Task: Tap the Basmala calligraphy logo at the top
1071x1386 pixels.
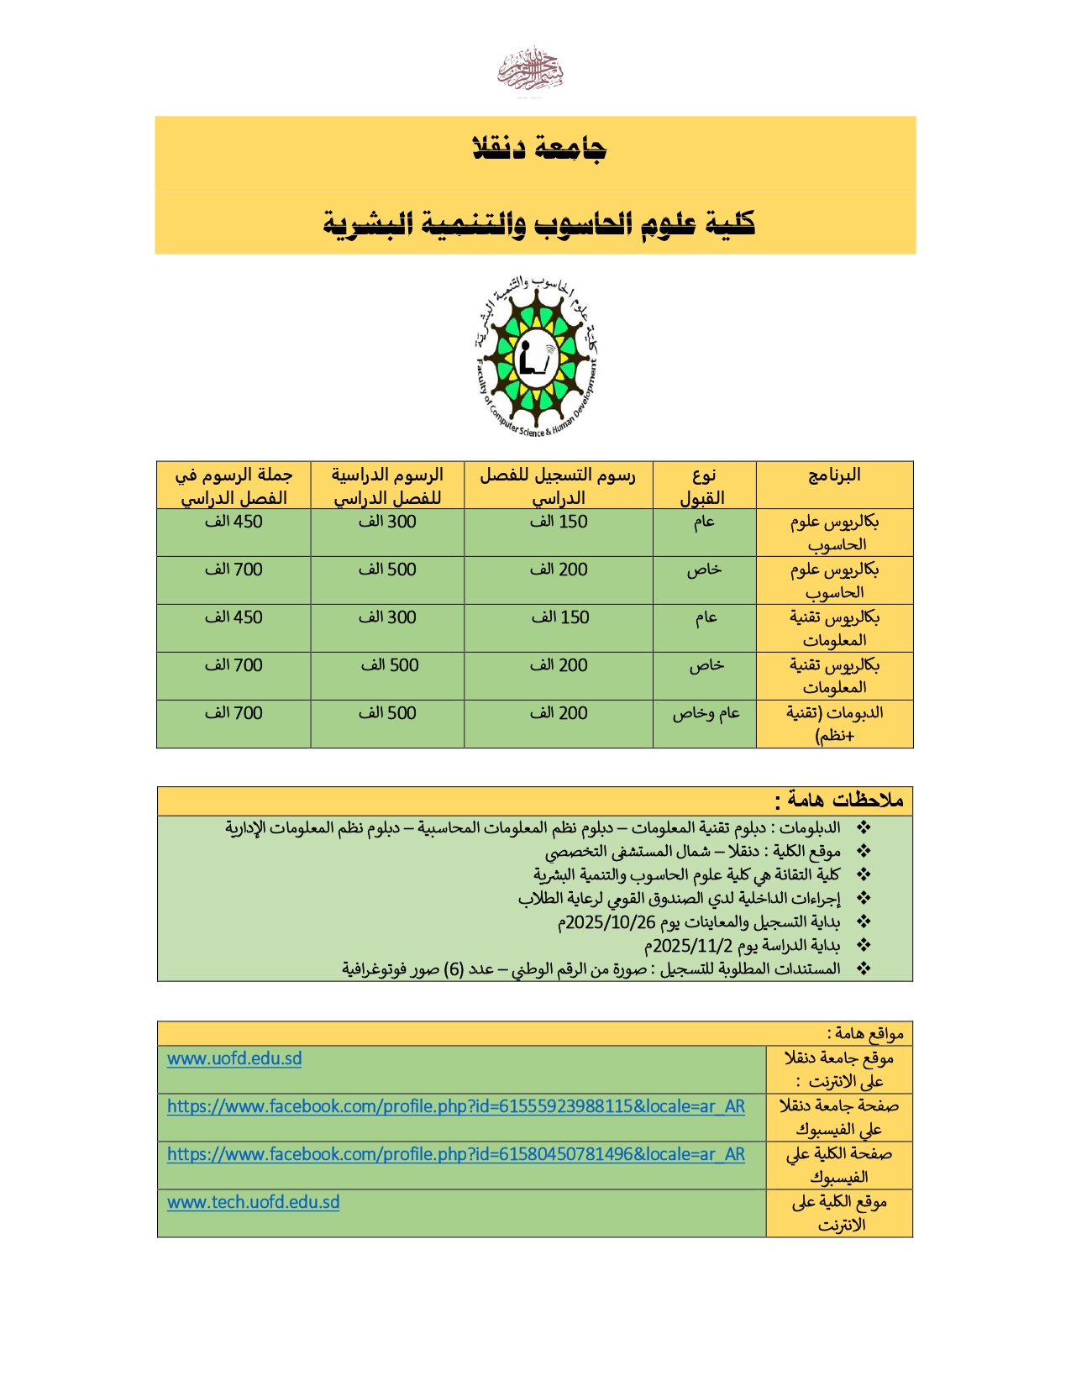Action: (x=530, y=71)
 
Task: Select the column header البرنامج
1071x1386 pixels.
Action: (x=834, y=476)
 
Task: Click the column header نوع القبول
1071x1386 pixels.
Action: (x=703, y=486)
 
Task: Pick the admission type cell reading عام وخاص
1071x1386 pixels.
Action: (x=706, y=713)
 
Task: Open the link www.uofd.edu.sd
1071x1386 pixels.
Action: (x=234, y=1058)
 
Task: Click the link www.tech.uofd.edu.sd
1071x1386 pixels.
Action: (x=253, y=1202)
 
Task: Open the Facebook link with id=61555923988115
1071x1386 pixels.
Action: (x=455, y=1106)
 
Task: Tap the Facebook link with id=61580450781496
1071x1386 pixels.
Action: (x=455, y=1154)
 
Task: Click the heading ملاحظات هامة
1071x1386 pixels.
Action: (x=839, y=801)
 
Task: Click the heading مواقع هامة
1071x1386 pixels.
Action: (x=865, y=1033)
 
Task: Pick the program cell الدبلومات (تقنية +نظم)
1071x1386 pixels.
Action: (x=834, y=724)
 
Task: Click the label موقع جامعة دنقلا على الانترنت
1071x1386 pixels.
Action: (x=839, y=1069)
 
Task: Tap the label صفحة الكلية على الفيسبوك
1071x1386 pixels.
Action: (x=839, y=1165)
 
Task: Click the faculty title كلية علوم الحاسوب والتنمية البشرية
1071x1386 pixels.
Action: (x=538, y=224)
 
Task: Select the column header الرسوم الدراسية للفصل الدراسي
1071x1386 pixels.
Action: (x=387, y=486)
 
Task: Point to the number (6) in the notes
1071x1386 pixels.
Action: (x=454, y=969)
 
